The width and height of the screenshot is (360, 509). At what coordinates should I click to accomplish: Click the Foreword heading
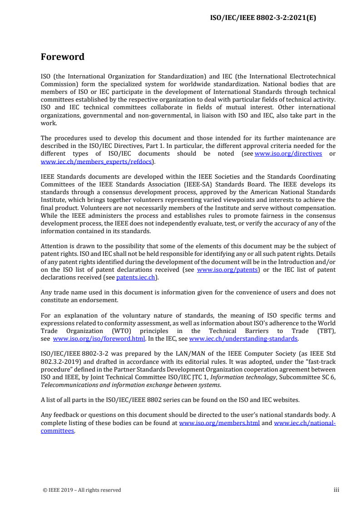(63, 57)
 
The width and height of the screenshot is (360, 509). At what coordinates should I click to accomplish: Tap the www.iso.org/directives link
(288, 153)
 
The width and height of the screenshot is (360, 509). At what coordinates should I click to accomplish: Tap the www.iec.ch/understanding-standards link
(243, 338)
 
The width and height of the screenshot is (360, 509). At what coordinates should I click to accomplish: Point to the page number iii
(336, 489)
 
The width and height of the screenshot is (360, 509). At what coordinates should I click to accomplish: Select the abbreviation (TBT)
(325, 331)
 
